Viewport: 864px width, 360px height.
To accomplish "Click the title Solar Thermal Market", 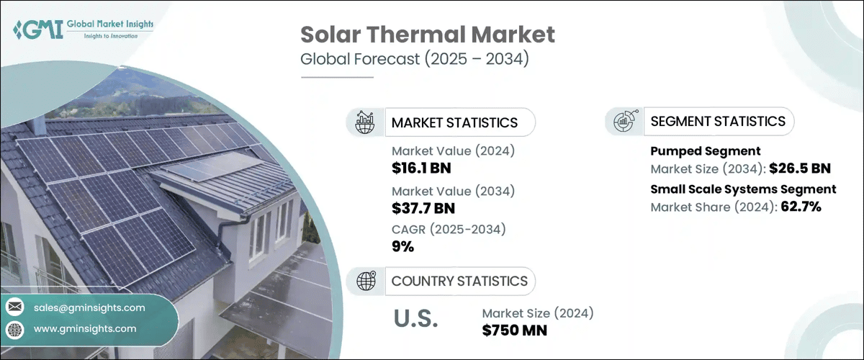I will coord(427,34).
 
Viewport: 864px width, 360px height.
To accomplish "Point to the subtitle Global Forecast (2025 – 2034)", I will coord(414,59).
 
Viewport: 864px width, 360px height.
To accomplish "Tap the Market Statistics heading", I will coord(454,122).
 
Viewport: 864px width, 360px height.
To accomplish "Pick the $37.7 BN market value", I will coord(423,209).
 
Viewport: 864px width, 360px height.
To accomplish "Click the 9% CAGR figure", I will coord(402,247).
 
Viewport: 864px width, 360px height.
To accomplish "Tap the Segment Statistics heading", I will coord(718,122).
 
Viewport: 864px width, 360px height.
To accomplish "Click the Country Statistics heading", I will coord(459,281).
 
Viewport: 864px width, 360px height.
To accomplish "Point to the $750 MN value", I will coord(515,330).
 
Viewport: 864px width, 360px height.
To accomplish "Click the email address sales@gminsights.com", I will coord(89,307).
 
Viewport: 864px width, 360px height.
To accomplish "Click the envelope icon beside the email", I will coord(14,307).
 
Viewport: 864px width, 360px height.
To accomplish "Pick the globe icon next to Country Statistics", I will coord(366,281).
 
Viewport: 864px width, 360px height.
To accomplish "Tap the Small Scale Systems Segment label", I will coord(743,189).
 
